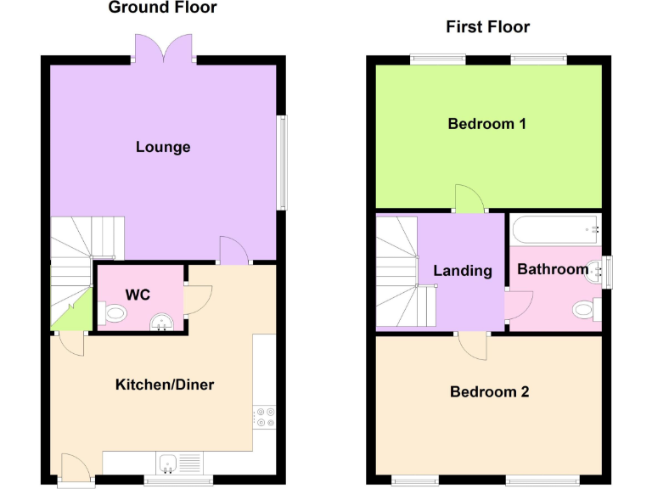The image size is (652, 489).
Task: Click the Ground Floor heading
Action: [162, 8]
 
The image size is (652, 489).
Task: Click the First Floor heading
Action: [487, 27]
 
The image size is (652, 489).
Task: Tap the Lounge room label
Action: [163, 147]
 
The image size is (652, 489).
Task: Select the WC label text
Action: [138, 295]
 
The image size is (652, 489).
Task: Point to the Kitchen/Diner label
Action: [165, 385]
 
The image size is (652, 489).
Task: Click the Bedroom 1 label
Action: [487, 124]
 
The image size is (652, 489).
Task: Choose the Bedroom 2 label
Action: [489, 392]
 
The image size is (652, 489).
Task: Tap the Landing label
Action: [463, 271]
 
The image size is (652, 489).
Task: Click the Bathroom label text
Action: [553, 269]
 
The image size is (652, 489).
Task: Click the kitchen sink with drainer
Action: [177, 463]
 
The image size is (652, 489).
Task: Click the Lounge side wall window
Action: [282, 162]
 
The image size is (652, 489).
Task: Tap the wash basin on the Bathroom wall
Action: [602, 271]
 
